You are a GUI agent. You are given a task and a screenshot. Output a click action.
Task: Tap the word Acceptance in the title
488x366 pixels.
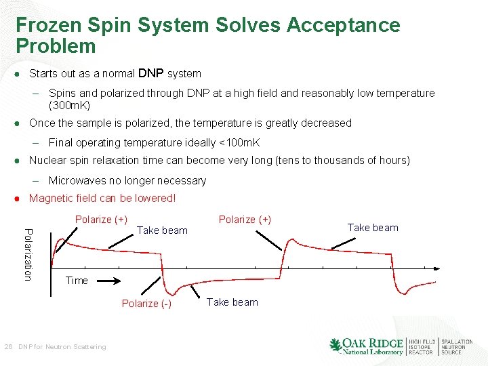pos(344,25)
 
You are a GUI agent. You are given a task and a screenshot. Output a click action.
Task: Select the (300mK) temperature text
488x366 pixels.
pos(69,105)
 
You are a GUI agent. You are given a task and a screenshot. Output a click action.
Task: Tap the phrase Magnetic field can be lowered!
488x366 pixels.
pos(102,199)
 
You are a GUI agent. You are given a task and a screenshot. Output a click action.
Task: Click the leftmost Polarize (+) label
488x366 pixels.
pos(101,219)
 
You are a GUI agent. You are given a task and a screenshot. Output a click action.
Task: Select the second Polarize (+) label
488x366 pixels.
pos(245,219)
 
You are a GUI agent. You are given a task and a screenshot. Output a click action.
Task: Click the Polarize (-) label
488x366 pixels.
pos(146,303)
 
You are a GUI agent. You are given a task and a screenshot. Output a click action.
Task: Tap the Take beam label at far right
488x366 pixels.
pos(373,228)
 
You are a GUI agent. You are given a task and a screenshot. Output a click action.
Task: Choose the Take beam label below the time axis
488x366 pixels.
pos(232,302)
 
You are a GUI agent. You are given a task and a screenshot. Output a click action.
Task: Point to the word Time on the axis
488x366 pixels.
pos(77,281)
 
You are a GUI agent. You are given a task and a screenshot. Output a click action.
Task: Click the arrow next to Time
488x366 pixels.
pos(108,281)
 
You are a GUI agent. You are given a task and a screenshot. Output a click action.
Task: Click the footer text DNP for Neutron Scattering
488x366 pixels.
pos(62,347)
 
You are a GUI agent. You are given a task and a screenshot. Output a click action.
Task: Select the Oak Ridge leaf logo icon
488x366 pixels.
pos(335,346)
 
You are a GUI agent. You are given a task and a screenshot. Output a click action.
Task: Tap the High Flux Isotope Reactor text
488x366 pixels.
pos(422,347)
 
